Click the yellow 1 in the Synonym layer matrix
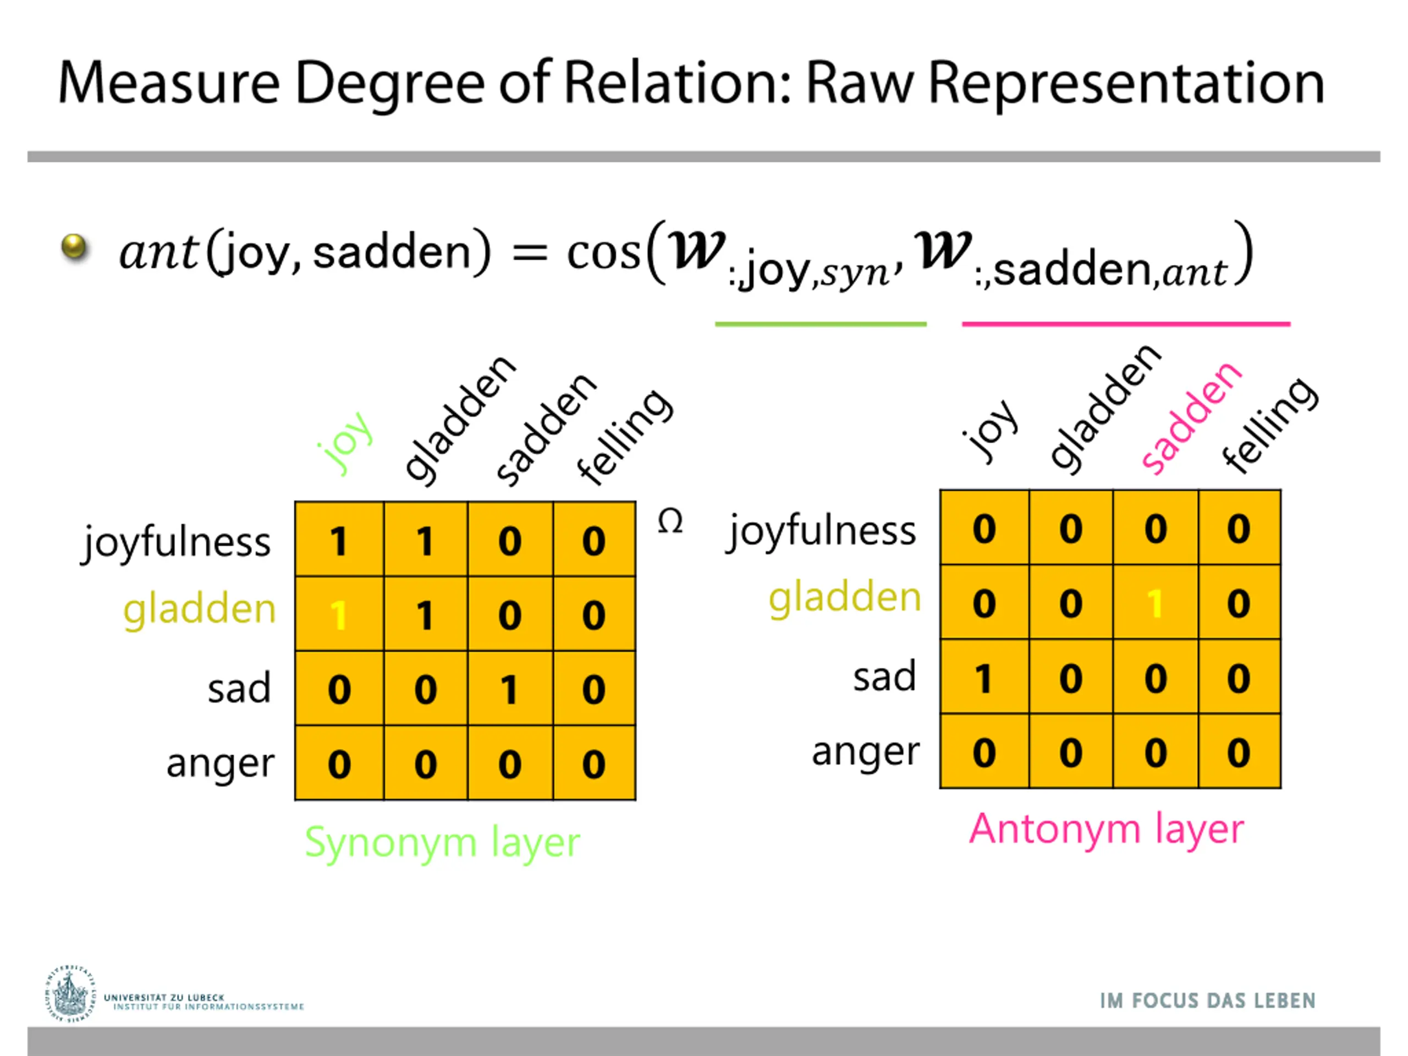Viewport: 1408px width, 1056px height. click(x=339, y=615)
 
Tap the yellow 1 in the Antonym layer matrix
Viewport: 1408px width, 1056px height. click(x=1154, y=603)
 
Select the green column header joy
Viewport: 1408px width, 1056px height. click(x=345, y=442)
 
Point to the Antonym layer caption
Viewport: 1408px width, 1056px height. click(x=1106, y=829)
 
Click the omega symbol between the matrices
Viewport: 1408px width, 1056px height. click(x=670, y=522)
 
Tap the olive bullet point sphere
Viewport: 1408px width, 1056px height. click(x=74, y=247)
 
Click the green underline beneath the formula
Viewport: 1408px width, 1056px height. click(x=821, y=324)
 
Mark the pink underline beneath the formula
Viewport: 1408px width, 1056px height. click(x=1125, y=324)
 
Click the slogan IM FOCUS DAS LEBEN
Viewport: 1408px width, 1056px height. click(x=1207, y=1000)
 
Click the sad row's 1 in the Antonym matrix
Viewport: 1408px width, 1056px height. click(x=983, y=679)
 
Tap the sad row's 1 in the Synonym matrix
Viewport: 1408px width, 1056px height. click(x=509, y=689)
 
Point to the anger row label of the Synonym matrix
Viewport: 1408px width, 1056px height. click(x=220, y=764)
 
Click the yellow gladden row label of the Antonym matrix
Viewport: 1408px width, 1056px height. click(x=845, y=598)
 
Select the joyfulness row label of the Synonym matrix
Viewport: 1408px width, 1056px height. click(x=177, y=542)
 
